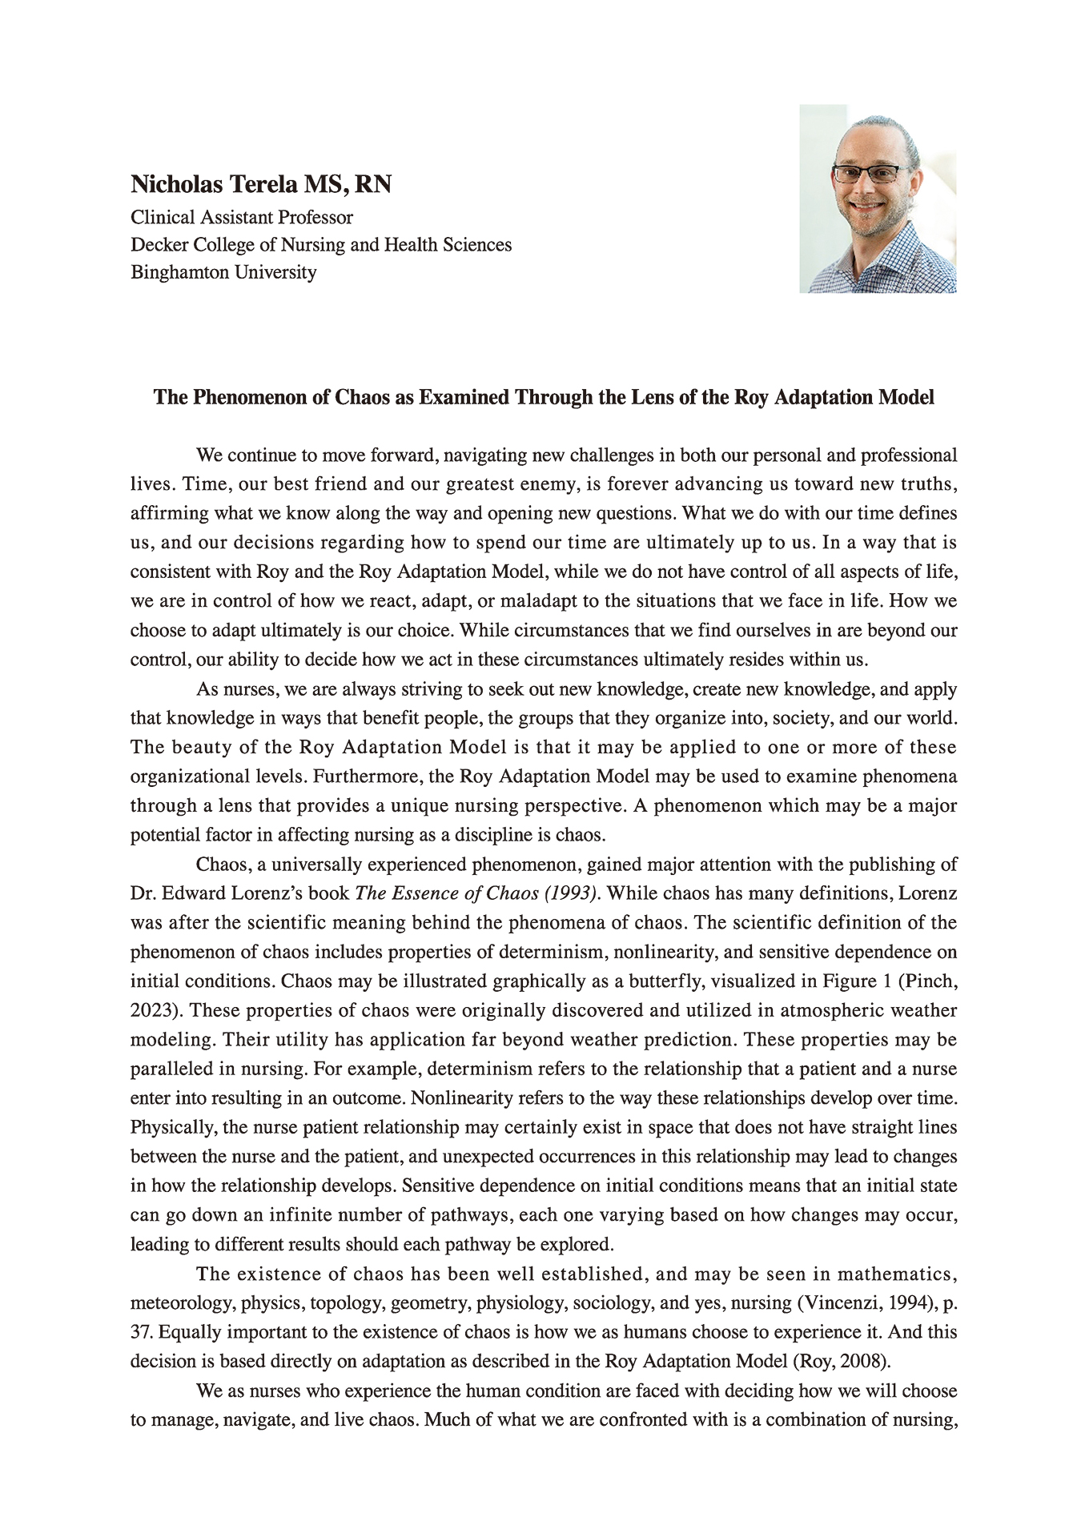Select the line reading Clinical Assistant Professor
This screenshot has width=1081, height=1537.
[241, 218]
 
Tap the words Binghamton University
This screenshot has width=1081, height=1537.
[223, 272]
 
